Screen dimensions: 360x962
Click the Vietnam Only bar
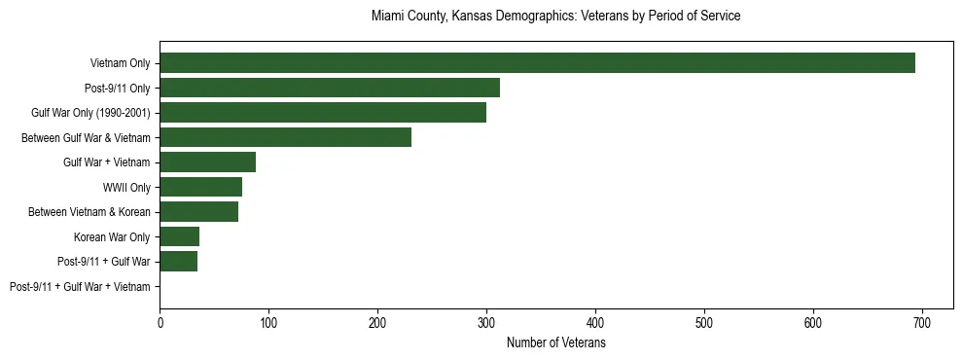tap(537, 63)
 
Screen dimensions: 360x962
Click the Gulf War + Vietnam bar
tap(207, 162)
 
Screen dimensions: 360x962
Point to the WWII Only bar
tap(200, 187)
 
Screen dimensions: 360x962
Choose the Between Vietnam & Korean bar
tap(198, 212)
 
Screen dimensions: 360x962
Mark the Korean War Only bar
tap(179, 236)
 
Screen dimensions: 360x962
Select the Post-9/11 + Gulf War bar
tap(178, 262)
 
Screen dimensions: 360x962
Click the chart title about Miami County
tap(556, 17)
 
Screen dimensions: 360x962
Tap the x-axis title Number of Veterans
tap(556, 343)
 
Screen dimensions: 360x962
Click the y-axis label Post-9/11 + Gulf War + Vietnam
tap(80, 287)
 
